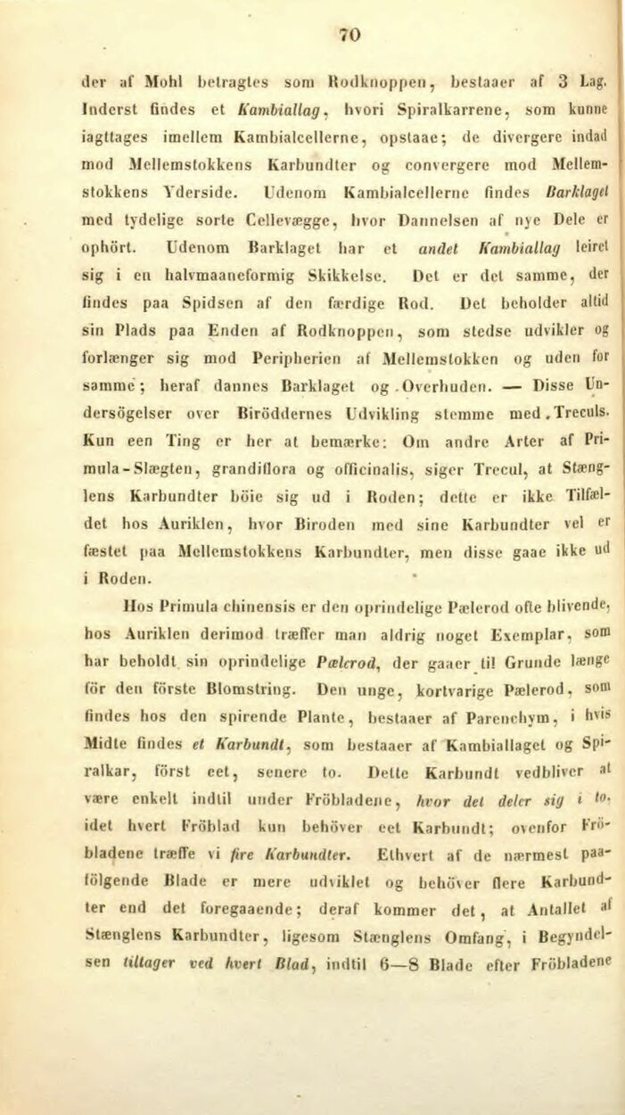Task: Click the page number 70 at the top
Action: [x=350, y=35]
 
